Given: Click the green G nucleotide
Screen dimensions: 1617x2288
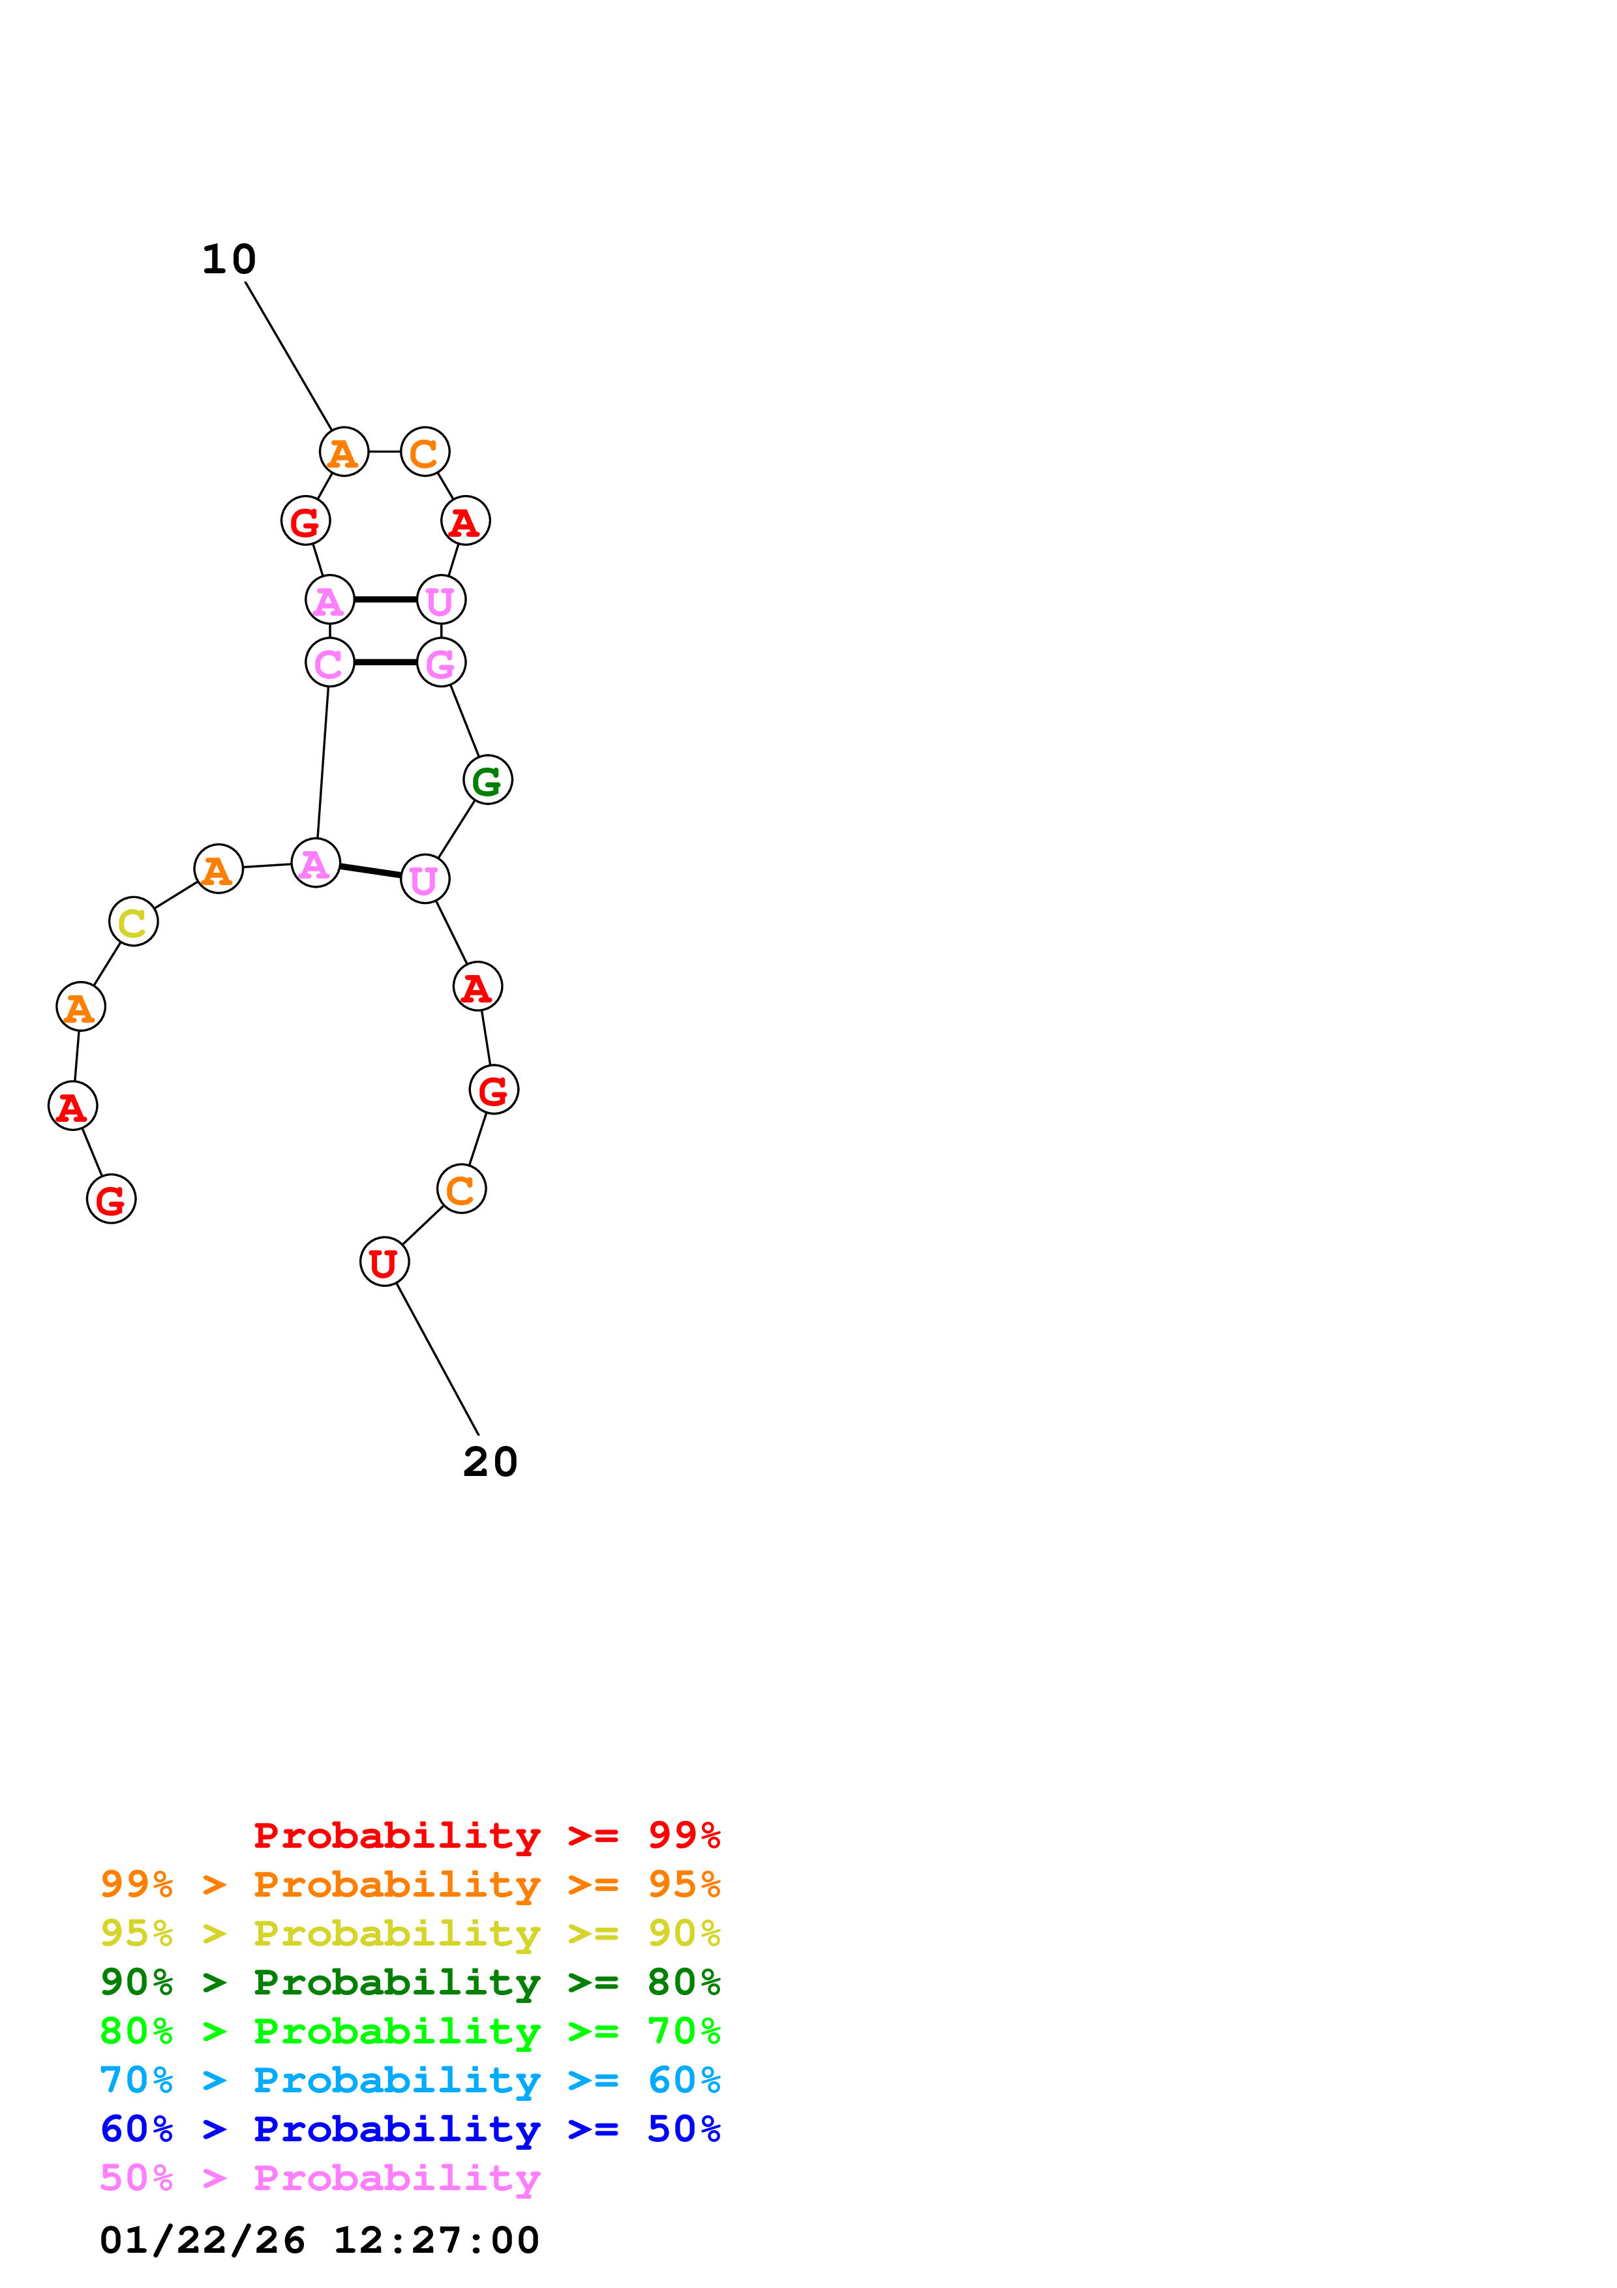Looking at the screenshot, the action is pos(487,779).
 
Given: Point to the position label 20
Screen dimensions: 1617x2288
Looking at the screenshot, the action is pos(490,1462).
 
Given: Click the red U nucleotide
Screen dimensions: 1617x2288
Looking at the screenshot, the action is pos(384,1261).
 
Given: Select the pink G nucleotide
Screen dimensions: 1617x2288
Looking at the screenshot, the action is pos(440,662).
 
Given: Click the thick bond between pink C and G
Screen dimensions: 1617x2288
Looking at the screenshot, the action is pos(385,662).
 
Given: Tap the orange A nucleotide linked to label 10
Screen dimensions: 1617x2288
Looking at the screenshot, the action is pos(344,451).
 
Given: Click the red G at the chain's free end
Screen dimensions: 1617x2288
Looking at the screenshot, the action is pos(111,1198).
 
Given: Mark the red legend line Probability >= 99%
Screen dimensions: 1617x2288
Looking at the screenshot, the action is pos(486,1835).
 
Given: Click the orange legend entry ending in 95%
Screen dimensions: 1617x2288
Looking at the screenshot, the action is pos(410,1884).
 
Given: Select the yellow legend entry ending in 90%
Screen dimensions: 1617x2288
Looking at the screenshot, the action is pos(410,1933).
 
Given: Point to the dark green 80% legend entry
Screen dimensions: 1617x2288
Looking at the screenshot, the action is pos(410,1982).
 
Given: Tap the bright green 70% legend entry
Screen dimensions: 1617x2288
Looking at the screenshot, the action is pos(410,2031).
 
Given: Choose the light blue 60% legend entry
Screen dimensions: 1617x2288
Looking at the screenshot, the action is pos(410,2080).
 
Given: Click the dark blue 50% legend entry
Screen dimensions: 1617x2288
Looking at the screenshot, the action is pos(410,2129).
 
